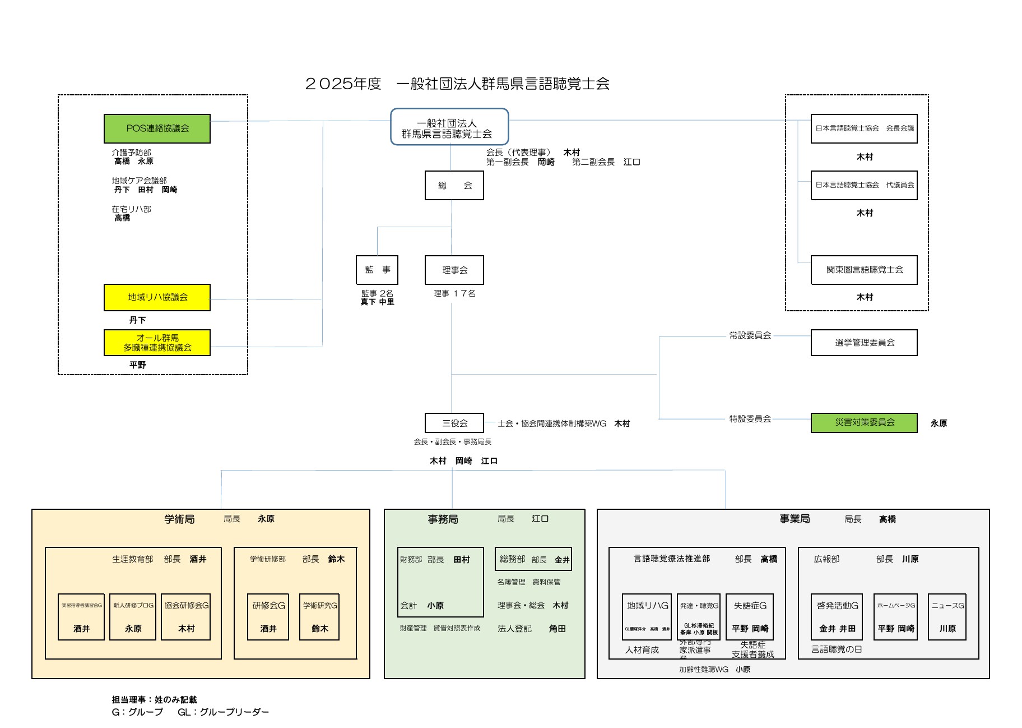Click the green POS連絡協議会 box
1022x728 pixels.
click(x=157, y=128)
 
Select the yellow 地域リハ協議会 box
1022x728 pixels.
click(x=157, y=297)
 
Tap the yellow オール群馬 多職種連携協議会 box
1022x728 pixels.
click(x=157, y=343)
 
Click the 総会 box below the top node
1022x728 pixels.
click(x=454, y=186)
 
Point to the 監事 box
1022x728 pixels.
click(x=377, y=270)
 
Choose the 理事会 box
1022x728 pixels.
click(x=454, y=270)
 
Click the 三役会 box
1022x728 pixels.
click(x=454, y=423)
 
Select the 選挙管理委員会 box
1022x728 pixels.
click(x=864, y=343)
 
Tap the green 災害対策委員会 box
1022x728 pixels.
click(x=864, y=423)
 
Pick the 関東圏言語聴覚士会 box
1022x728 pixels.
click(x=864, y=270)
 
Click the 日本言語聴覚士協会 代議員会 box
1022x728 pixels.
click(x=864, y=185)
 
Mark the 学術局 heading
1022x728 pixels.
click(x=179, y=519)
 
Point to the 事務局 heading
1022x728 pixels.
click(x=443, y=519)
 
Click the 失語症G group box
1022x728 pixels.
click(x=750, y=616)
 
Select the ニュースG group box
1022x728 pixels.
click(x=947, y=616)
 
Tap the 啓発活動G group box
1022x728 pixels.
click(x=837, y=616)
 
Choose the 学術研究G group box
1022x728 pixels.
click(x=320, y=616)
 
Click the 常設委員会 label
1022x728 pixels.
click(x=750, y=335)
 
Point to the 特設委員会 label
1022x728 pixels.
click(x=750, y=419)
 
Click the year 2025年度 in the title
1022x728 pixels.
click(x=343, y=84)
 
